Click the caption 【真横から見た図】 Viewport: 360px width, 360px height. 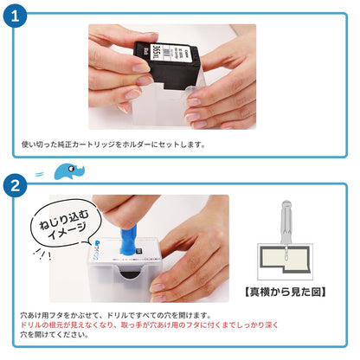click(x=284, y=292)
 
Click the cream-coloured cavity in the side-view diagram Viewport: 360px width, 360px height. click(x=285, y=259)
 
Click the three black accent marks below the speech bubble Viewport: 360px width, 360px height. click(x=40, y=254)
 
